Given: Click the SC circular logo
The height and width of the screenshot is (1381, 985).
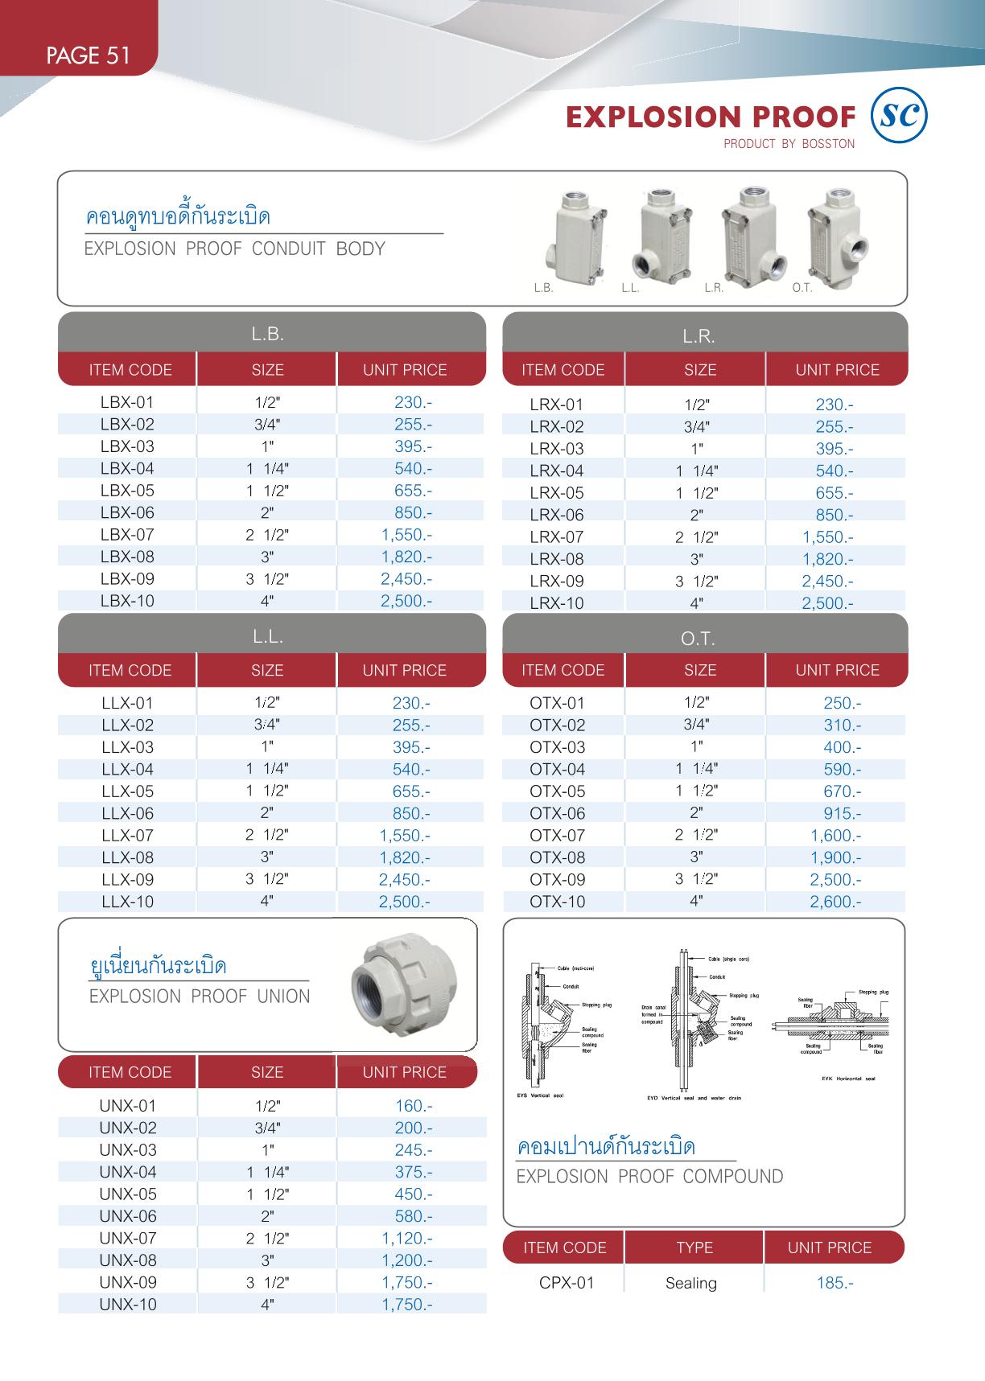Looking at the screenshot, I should [x=899, y=117].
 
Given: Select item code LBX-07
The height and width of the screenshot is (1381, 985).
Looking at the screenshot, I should [x=127, y=535].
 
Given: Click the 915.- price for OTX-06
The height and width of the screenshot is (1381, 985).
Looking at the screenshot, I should [x=842, y=814].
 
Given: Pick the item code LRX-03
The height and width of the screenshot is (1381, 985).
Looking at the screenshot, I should [x=557, y=449].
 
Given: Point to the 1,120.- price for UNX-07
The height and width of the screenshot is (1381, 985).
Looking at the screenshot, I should [x=406, y=1239].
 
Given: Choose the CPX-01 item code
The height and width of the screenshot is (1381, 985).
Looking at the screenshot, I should [x=567, y=1283].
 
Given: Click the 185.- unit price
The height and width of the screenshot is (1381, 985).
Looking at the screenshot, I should [x=835, y=1283].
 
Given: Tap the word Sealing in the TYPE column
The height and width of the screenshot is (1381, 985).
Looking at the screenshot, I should [x=690, y=1283].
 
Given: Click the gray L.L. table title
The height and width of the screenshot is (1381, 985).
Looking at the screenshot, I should [x=267, y=636].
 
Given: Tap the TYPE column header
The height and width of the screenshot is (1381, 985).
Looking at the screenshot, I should [x=694, y=1247].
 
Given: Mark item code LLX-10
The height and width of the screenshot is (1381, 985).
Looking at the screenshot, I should [x=127, y=902].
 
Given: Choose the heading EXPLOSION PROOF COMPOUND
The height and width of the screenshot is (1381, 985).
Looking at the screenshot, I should [x=649, y=1177].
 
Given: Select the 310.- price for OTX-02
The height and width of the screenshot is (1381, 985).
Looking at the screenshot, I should [x=842, y=725].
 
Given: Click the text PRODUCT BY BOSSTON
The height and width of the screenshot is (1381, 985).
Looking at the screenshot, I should [x=789, y=144].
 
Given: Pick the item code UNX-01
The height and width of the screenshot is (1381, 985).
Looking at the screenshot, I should [x=128, y=1106].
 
